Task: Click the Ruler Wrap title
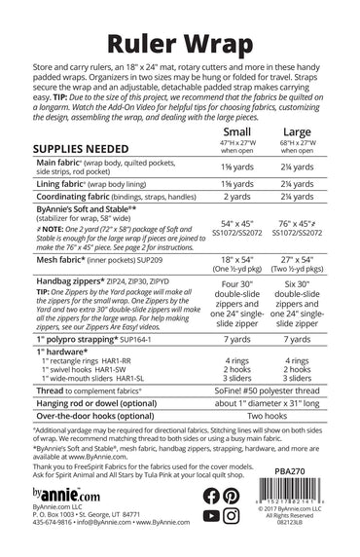point(179,43)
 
